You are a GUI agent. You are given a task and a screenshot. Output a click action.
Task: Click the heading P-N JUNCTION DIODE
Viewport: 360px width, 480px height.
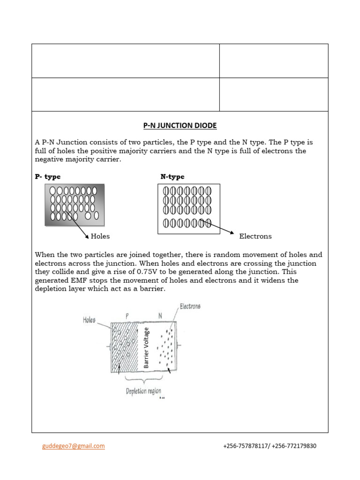click(x=180, y=126)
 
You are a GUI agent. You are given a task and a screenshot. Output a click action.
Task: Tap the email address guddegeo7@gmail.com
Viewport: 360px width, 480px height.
click(x=73, y=446)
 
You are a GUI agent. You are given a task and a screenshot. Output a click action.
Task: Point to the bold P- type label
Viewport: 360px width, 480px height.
click(x=48, y=177)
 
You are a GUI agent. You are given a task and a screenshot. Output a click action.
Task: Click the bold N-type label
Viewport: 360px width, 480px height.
click(x=172, y=177)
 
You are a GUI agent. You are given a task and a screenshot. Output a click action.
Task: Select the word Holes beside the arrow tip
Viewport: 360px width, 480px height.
click(x=100, y=236)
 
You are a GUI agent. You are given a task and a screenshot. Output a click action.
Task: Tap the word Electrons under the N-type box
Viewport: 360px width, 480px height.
click(x=255, y=236)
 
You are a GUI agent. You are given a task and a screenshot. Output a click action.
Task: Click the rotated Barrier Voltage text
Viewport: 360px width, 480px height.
click(x=146, y=348)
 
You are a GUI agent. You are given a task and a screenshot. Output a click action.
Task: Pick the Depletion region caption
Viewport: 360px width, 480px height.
click(x=143, y=391)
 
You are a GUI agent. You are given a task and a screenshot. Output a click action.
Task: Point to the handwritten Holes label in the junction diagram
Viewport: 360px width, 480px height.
click(x=89, y=320)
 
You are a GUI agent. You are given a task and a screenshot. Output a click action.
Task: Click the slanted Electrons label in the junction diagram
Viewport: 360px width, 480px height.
click(x=190, y=307)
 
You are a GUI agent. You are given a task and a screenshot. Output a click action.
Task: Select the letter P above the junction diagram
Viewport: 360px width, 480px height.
click(x=127, y=316)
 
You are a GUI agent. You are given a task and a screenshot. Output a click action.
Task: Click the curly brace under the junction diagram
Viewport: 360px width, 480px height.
click(x=143, y=381)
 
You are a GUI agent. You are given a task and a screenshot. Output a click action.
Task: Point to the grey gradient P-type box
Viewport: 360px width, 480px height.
click(x=75, y=205)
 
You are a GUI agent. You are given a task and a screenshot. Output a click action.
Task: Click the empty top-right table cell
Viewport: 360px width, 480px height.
click(x=274, y=61)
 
